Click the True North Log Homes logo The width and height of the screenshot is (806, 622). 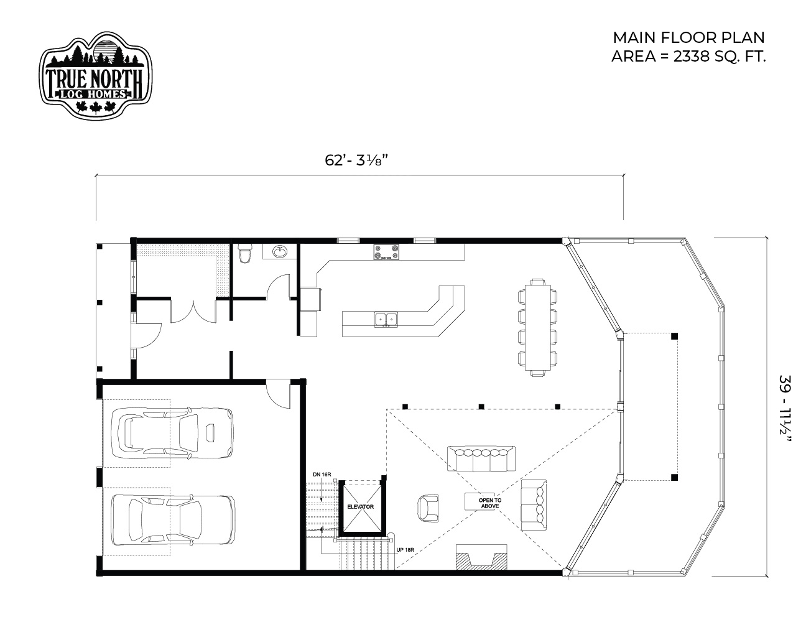(95, 75)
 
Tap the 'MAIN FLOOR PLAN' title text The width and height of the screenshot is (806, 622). (689, 38)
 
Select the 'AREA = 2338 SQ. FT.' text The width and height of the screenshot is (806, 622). (688, 57)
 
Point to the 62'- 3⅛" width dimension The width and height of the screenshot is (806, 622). (356, 160)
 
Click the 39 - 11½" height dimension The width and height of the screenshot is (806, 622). (785, 414)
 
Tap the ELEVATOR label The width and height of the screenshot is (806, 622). (360, 507)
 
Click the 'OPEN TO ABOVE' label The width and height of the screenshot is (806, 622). (489, 503)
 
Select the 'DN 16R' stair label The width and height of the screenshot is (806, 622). (322, 475)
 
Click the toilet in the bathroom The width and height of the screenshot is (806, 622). (245, 253)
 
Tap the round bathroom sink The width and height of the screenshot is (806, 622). (280, 252)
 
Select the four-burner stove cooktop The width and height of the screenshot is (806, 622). (386, 252)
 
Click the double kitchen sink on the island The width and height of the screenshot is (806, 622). (386, 319)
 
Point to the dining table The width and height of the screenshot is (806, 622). (537, 328)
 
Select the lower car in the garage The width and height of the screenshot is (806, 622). (174, 519)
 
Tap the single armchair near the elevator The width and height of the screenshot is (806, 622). (428, 508)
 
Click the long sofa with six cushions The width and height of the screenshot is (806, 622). (481, 458)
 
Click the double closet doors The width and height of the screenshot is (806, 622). (193, 311)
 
